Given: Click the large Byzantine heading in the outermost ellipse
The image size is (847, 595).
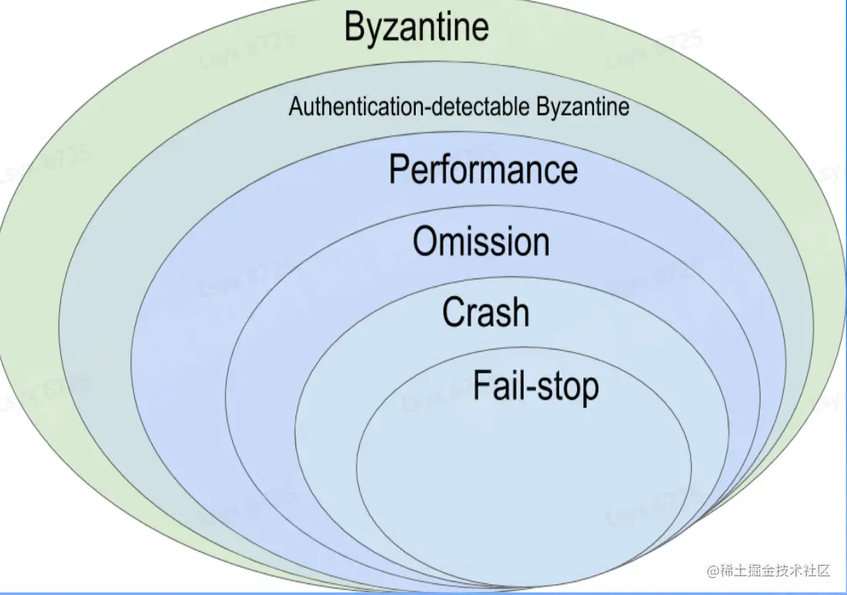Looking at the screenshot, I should click(417, 26).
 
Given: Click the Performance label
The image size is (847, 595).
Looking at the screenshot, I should click(483, 170).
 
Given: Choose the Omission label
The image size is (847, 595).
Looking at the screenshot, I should click(481, 242).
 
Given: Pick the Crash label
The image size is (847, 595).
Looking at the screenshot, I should click(485, 313).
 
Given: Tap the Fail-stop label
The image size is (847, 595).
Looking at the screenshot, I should click(535, 385).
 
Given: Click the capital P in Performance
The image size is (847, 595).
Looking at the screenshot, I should click(399, 169).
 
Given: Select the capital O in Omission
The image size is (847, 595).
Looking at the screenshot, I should click(427, 242).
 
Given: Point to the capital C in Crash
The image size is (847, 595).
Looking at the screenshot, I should click(454, 313).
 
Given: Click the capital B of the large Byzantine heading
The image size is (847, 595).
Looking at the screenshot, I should click(354, 26).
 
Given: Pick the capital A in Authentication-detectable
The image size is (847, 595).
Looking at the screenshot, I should click(295, 106).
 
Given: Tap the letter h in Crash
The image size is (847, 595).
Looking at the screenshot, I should click(519, 313).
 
